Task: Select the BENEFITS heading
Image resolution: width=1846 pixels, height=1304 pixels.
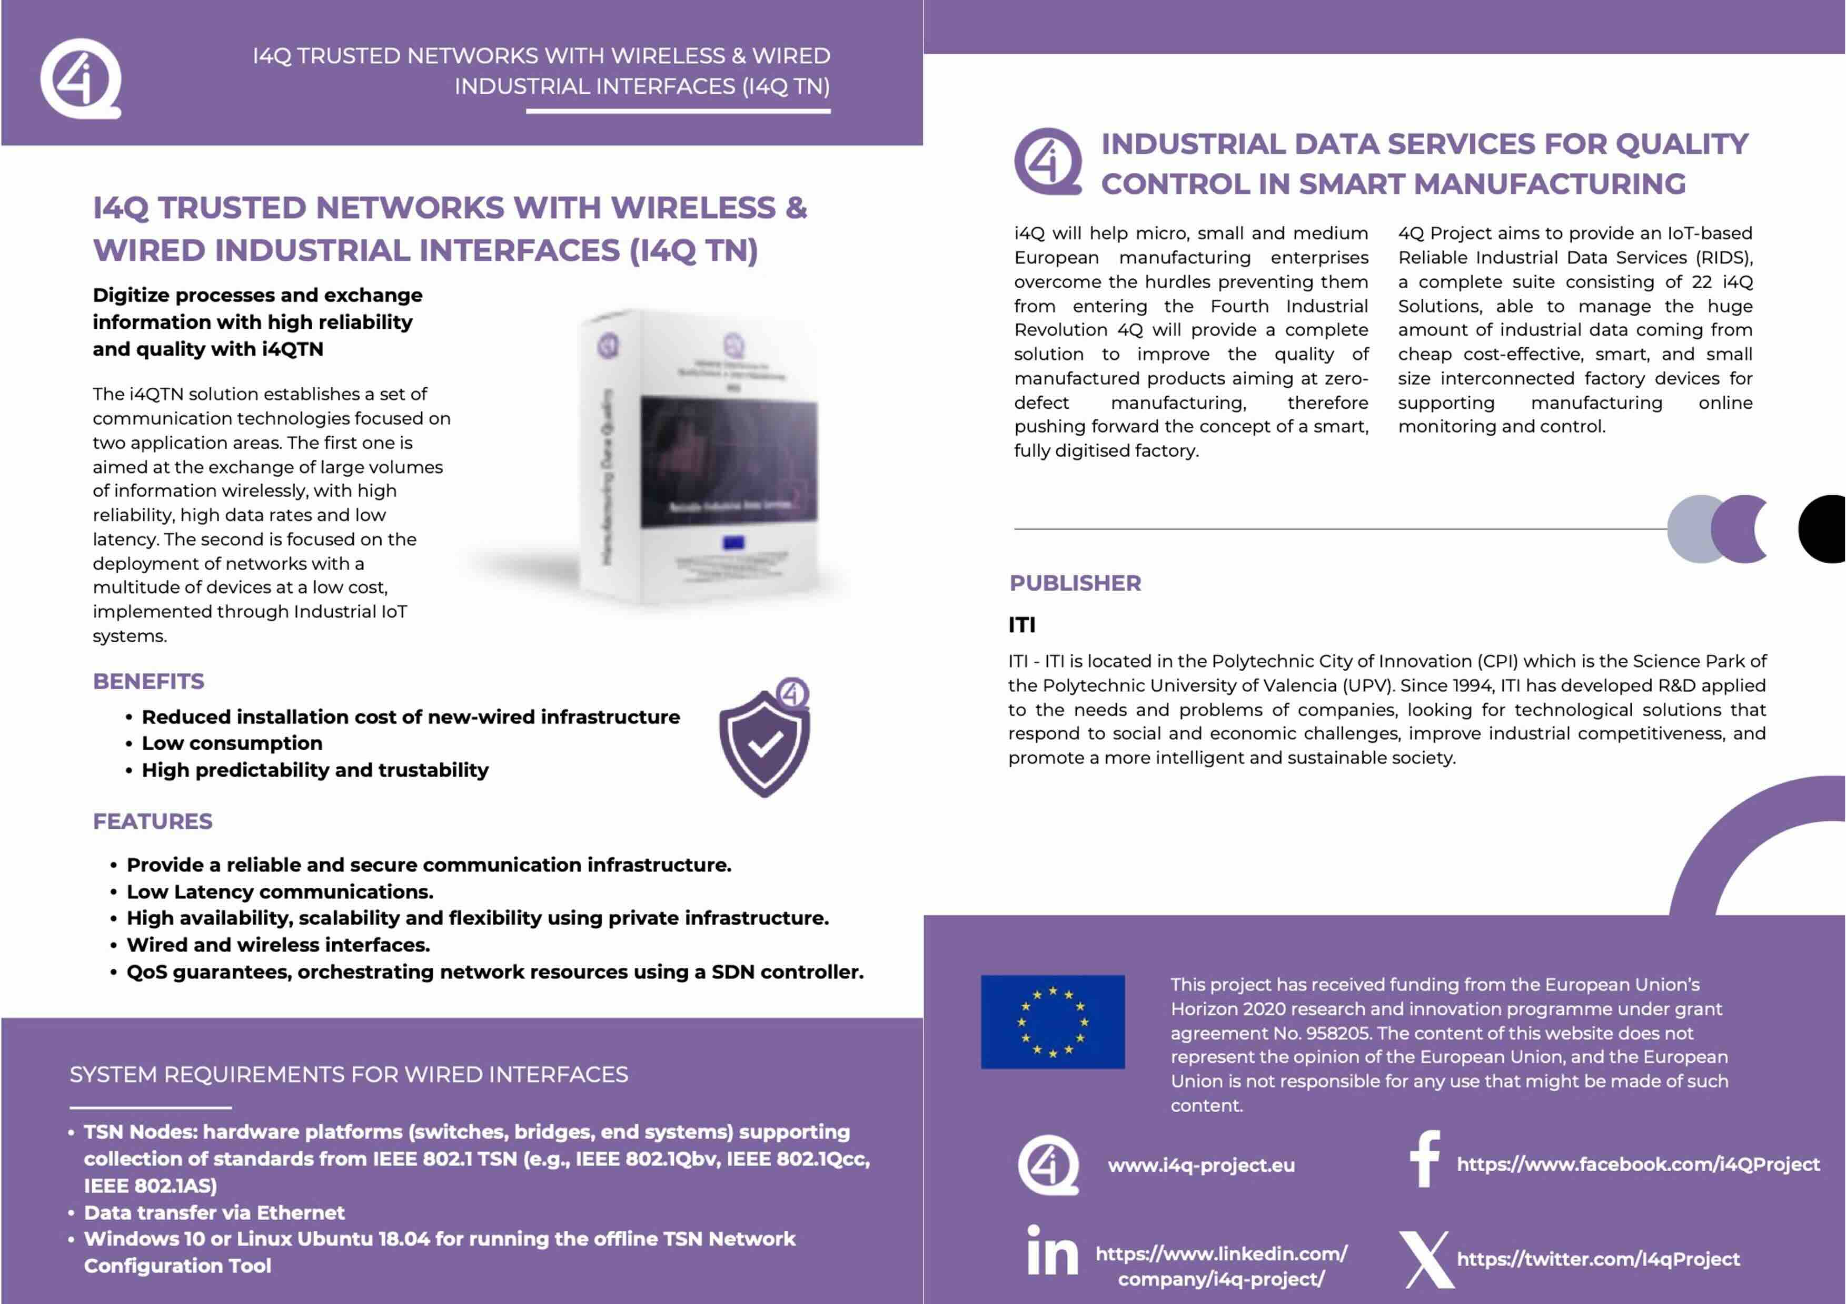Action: [148, 681]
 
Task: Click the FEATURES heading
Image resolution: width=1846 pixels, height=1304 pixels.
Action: [153, 821]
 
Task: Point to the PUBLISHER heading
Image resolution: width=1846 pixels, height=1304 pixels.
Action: [1075, 583]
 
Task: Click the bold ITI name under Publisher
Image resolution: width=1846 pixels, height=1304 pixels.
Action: [1022, 625]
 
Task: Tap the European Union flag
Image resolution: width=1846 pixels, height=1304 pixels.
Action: [1053, 1022]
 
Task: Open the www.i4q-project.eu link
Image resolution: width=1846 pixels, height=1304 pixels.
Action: [1201, 1165]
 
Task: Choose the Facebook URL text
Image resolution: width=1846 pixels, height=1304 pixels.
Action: [1638, 1164]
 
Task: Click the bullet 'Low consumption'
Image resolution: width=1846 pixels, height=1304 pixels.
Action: [232, 743]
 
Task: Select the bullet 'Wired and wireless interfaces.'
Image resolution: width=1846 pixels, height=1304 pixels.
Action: [278, 945]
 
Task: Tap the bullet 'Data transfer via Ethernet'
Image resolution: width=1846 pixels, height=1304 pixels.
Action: [214, 1212]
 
